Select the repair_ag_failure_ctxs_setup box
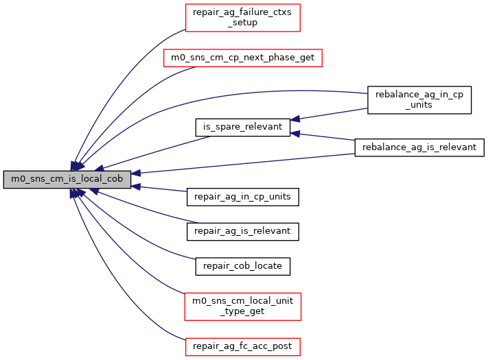click(x=244, y=17)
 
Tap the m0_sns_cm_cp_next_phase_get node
click(x=242, y=58)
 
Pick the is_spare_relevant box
click(x=242, y=127)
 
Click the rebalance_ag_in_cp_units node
click(x=419, y=99)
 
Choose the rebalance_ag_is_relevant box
click(x=419, y=147)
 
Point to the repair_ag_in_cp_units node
click(x=242, y=197)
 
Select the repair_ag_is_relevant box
click(x=242, y=231)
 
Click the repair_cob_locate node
click(x=242, y=265)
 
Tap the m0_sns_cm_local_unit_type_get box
click(x=244, y=306)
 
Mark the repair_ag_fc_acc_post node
click(x=244, y=346)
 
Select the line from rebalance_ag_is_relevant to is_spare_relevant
click(x=323, y=137)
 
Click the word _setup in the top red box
click(x=244, y=23)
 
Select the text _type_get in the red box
click(x=244, y=311)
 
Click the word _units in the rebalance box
click(x=419, y=105)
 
